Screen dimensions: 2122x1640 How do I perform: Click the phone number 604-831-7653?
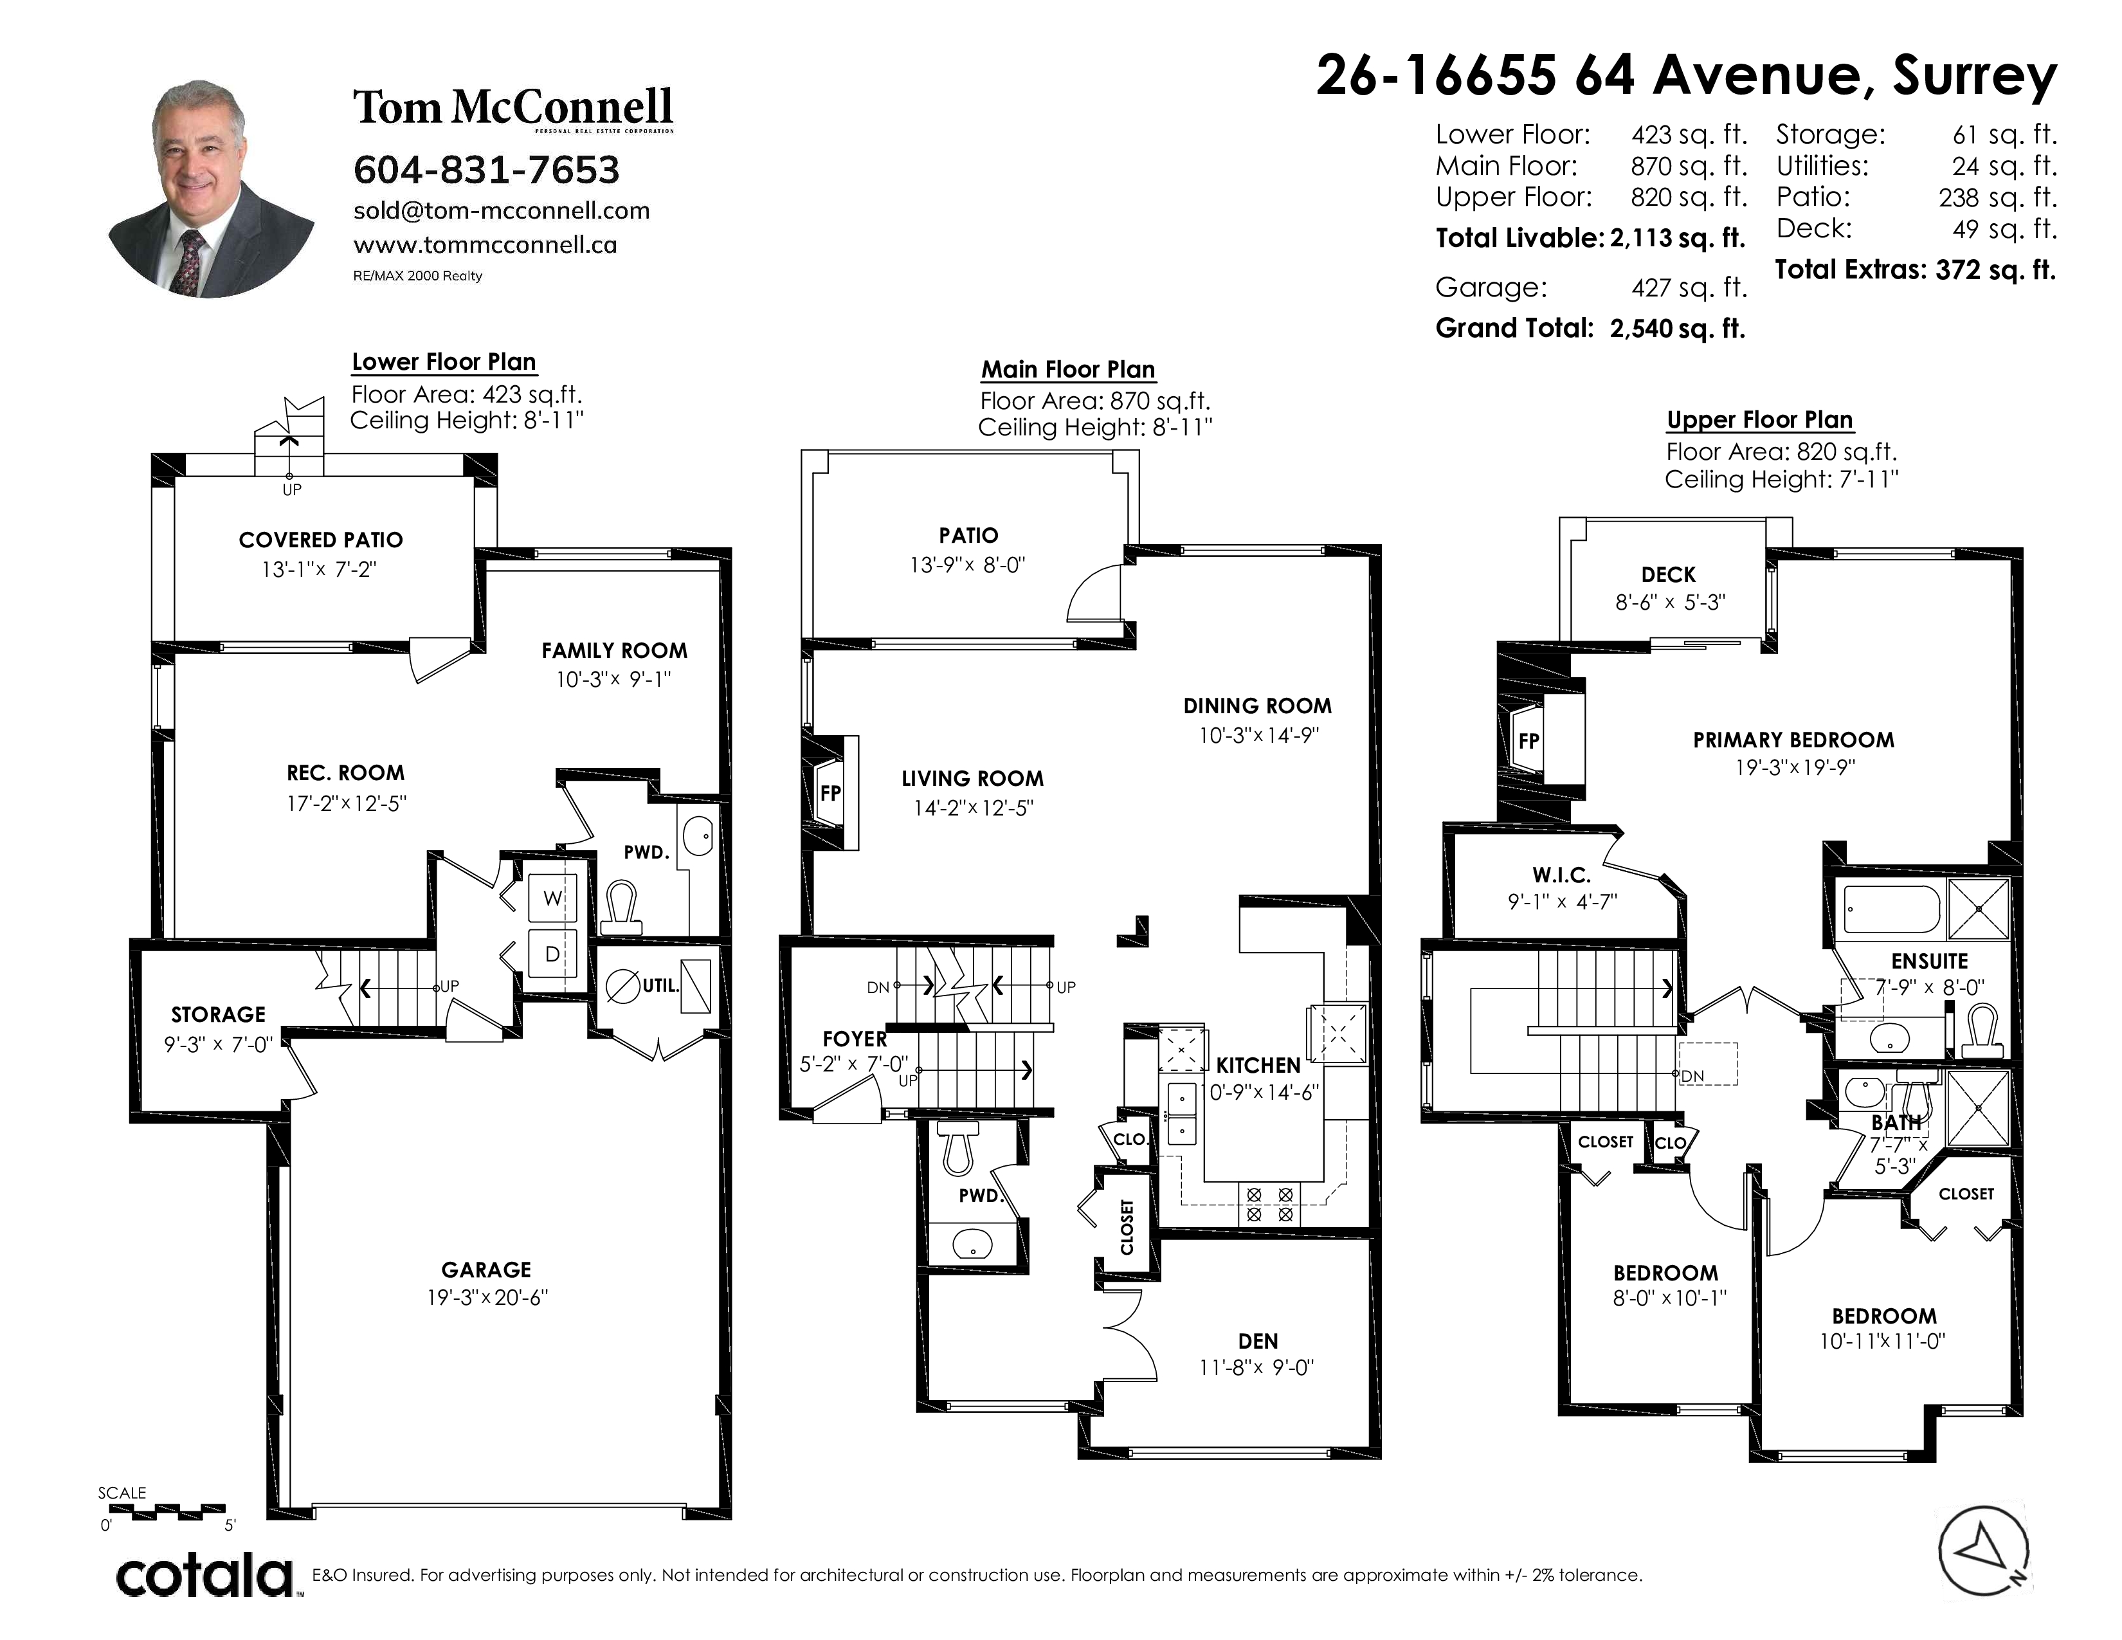coord(485,170)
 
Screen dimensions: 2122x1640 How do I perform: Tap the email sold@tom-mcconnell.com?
coord(502,211)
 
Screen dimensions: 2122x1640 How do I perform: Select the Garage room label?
coord(485,1270)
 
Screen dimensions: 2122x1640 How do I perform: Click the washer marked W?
coord(552,898)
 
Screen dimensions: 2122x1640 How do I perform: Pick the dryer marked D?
coord(552,954)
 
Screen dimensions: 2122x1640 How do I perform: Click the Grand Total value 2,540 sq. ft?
coord(1677,329)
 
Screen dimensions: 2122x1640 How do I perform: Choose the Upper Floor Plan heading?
coord(1759,420)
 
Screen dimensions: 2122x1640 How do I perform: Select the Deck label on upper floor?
coord(1668,575)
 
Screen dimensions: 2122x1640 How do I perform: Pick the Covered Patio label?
coord(321,540)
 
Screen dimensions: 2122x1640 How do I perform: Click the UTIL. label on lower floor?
coord(660,985)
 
